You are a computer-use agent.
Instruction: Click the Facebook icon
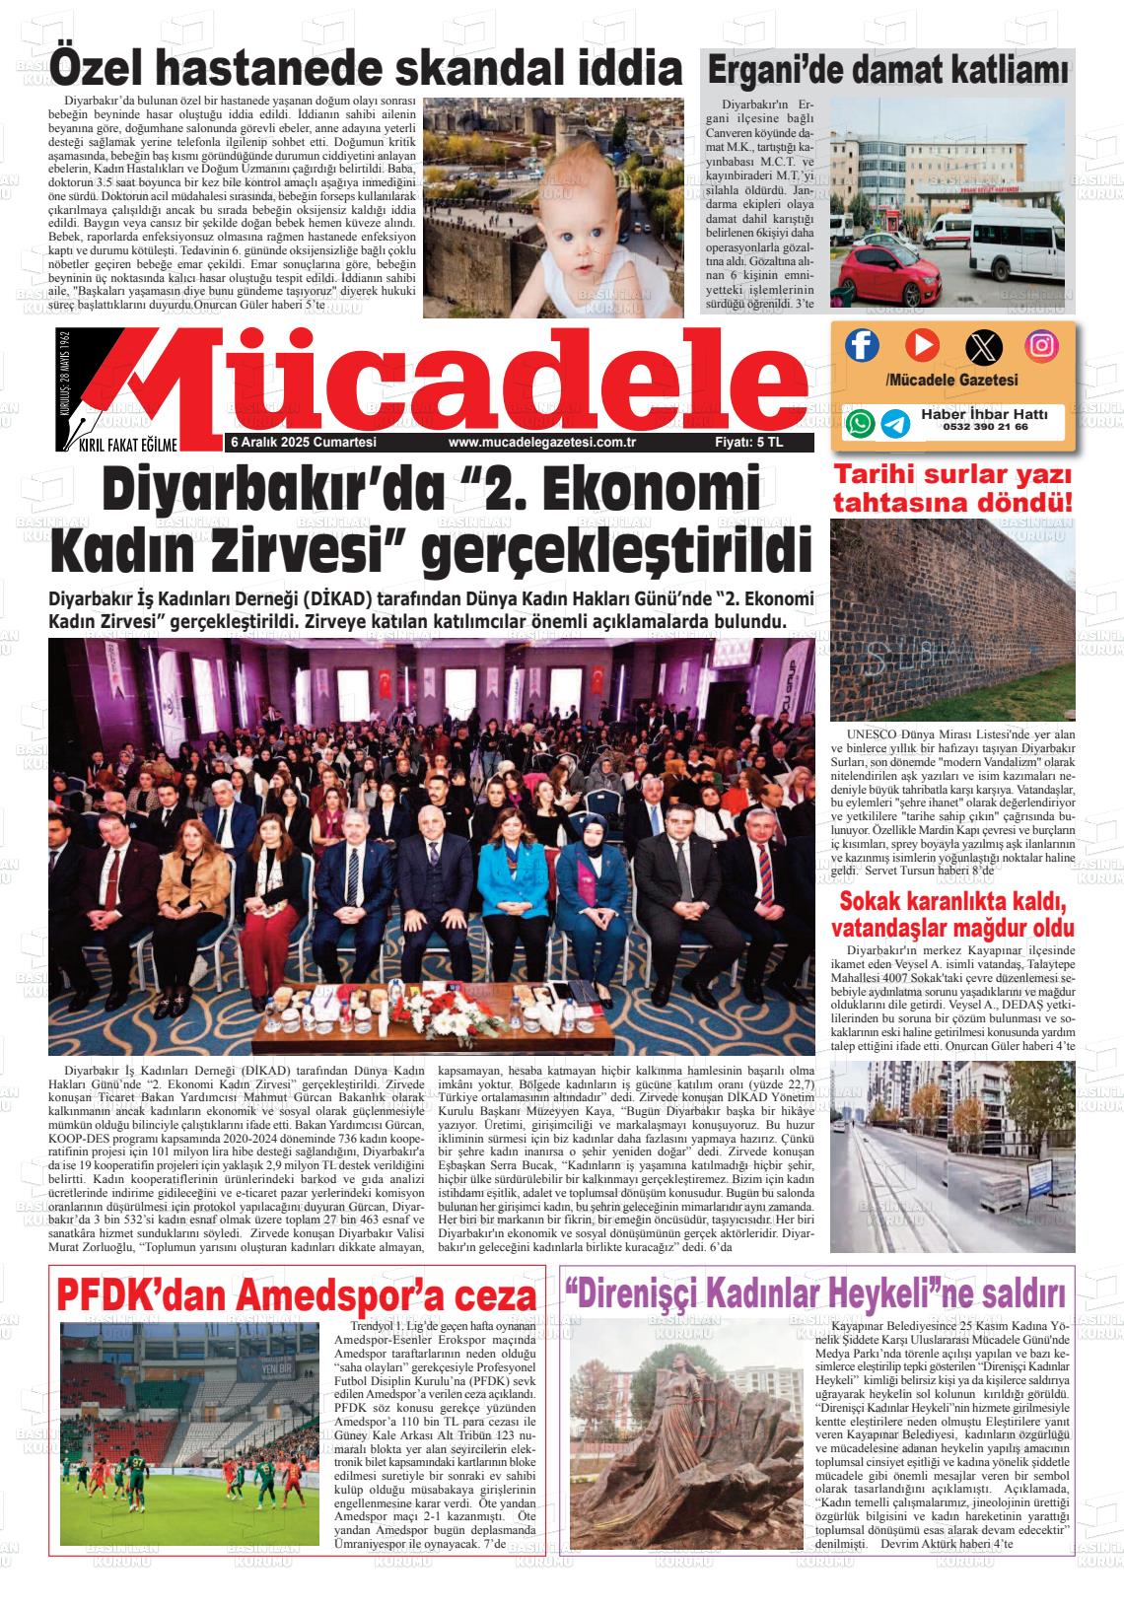pyautogui.click(x=862, y=345)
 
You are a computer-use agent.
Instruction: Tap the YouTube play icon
pyautogui.click(x=922, y=345)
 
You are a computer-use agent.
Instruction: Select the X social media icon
pyautogui.click(x=982, y=346)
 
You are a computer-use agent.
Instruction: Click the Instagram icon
pyautogui.click(x=1041, y=345)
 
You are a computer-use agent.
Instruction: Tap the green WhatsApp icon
pyautogui.click(x=860, y=423)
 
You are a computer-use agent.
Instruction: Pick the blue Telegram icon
pyautogui.click(x=895, y=423)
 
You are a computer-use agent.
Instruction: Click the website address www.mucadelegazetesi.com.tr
pyautogui.click(x=540, y=444)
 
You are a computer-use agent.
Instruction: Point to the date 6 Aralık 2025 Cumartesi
pyautogui.click(x=303, y=444)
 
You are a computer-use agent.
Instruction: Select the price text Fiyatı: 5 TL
pyautogui.click(x=749, y=444)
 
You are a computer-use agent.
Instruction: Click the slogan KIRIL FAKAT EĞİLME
pyautogui.click(x=128, y=446)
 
